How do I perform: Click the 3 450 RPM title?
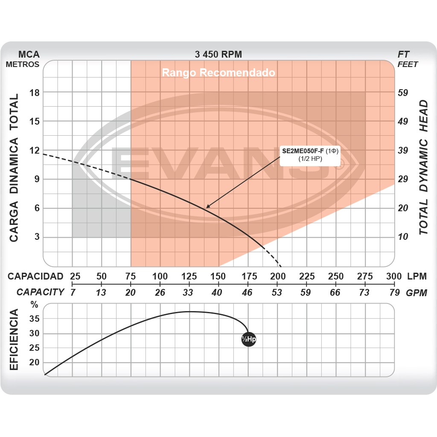pos(218,55)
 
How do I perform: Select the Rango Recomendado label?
pos(218,73)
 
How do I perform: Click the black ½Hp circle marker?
pos(248,339)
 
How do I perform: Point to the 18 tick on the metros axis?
pos(34,93)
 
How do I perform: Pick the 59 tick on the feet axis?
pos(403,93)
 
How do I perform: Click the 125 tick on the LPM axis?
pos(189,276)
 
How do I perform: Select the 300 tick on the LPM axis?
pos(393,276)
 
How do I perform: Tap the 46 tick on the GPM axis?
pos(247,293)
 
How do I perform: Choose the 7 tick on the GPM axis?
pos(73,293)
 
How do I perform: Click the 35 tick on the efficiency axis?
pos(35,319)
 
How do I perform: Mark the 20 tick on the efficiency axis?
pos(35,363)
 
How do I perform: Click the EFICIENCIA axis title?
pos(14,340)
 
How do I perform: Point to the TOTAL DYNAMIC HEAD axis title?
pos(423,167)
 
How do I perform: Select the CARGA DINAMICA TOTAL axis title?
pos(14,167)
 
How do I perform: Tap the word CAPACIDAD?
pos(35,276)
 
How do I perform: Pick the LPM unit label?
pos(417,276)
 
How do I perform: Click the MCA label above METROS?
pos(29,55)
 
